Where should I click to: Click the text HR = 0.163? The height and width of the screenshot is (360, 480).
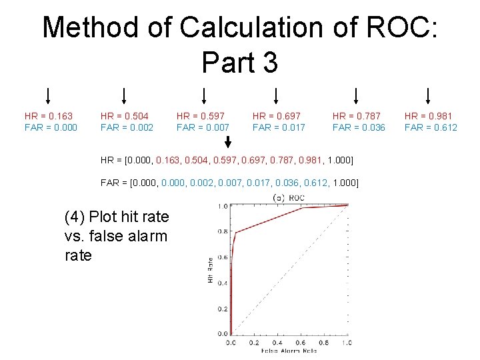[x=49, y=116]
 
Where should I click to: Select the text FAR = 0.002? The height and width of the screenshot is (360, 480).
[x=127, y=127]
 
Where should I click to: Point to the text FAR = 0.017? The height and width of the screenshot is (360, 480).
[x=279, y=127]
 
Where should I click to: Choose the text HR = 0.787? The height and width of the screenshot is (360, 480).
[x=357, y=116]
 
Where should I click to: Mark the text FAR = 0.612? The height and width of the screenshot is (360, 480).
[x=431, y=127]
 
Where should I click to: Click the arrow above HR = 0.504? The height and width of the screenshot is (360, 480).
[x=124, y=97]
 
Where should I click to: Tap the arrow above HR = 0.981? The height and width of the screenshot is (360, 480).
[x=428, y=97]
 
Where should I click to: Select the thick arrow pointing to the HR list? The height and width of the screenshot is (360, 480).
[x=228, y=142]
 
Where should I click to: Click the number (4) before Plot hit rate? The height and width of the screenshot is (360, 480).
[x=74, y=217]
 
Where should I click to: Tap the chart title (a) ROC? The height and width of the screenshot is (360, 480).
[x=289, y=197]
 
